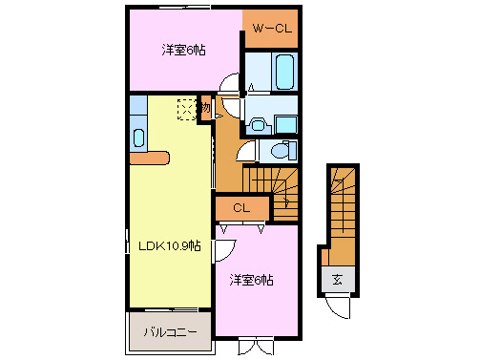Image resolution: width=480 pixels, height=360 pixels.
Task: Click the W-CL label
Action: coord(270,29)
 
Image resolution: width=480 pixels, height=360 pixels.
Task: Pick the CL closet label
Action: coord(240,207)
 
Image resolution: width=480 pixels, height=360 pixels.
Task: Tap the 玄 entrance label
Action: coord(338,280)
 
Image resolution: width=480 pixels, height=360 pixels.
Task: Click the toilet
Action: coord(278,151)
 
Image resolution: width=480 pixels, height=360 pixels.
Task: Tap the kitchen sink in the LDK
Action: coord(137,137)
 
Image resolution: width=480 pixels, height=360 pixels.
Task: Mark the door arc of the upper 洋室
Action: coord(228,84)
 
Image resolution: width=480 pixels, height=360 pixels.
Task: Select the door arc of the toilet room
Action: coord(244,151)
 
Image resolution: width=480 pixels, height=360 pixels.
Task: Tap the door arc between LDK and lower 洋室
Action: coord(223,250)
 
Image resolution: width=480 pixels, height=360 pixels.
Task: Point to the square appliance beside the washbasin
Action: coord(284,123)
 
